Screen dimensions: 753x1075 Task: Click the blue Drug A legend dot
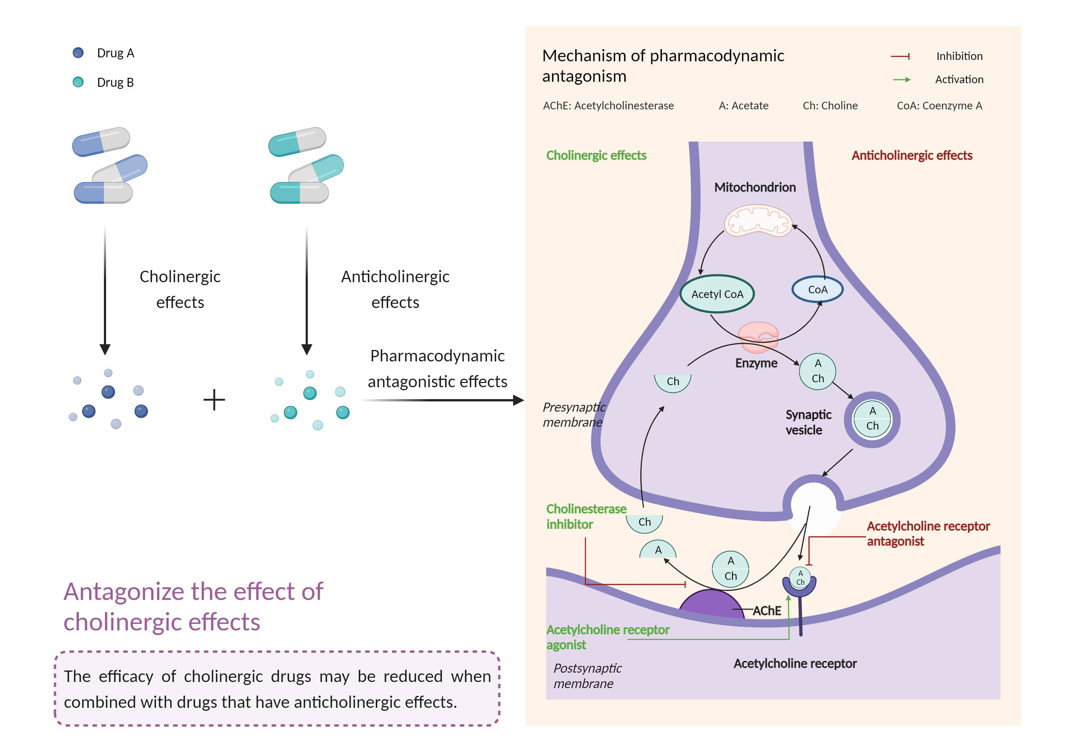tap(78, 52)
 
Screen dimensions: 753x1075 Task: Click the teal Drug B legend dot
tap(78, 82)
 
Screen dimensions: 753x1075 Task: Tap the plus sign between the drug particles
tap(214, 400)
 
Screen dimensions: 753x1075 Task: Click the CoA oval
tap(817, 290)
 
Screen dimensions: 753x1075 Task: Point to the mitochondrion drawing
tap(758, 220)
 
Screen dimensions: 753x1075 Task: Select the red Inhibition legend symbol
tap(900, 56)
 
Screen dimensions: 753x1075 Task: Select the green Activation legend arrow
tap(901, 80)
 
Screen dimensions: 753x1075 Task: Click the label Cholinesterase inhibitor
tap(586, 516)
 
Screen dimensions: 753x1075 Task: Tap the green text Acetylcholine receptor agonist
tap(607, 637)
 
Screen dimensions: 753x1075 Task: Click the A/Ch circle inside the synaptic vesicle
tap(872, 418)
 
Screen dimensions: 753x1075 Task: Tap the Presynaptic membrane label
tap(574, 415)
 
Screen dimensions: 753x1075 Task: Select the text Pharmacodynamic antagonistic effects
tap(437, 369)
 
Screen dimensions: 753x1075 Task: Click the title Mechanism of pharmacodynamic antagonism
tap(663, 66)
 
